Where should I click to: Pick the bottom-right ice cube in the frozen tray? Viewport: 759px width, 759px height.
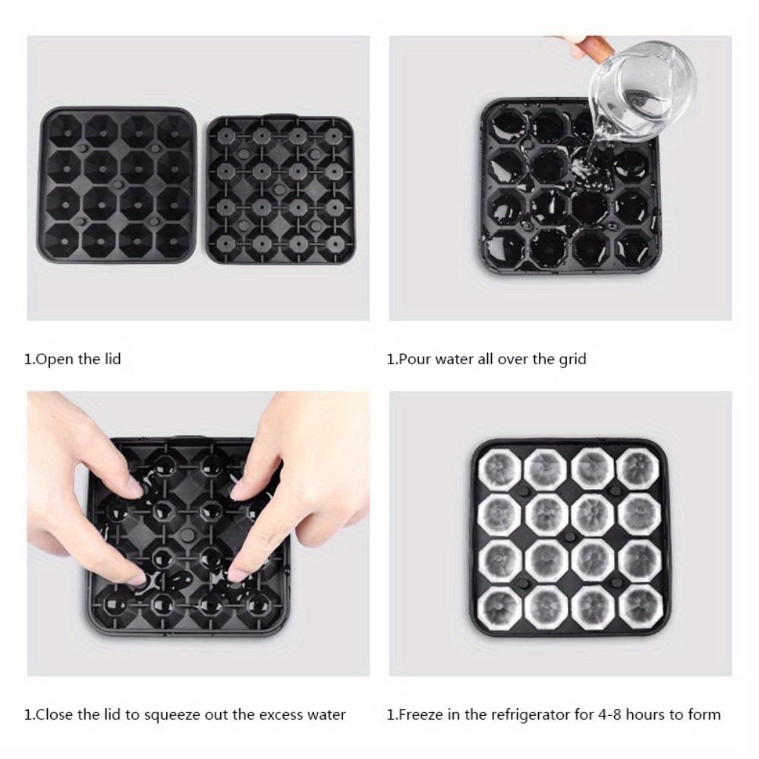click(640, 605)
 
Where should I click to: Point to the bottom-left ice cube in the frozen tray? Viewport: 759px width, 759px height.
click(499, 605)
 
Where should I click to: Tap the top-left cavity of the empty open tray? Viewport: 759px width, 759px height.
click(64, 131)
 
